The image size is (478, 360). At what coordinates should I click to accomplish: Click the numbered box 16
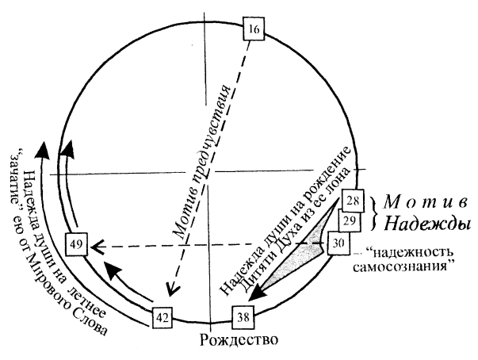253,31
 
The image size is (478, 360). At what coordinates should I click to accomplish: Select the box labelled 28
353,201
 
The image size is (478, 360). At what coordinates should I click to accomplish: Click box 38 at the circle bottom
241,320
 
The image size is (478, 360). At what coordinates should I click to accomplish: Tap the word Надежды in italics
429,221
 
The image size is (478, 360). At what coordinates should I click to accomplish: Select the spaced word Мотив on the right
427,198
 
